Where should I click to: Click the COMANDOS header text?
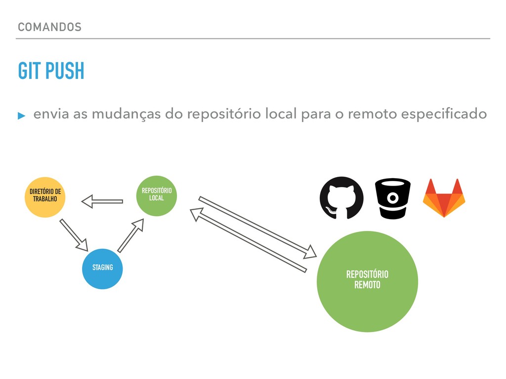49,27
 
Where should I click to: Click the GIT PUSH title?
51,72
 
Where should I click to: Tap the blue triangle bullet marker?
21,115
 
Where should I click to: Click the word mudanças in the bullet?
126,114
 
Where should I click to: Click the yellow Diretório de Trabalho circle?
45,197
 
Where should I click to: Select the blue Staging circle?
102,268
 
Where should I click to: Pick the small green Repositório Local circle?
156,195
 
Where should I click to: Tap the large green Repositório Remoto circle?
367,282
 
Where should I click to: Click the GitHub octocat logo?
341,198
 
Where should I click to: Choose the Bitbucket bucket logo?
393,198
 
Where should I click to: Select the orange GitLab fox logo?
444,198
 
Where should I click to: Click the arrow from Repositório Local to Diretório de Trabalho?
102,201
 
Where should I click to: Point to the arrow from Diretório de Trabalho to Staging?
74,234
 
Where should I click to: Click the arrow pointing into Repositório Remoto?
257,227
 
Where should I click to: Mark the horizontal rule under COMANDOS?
253,38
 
